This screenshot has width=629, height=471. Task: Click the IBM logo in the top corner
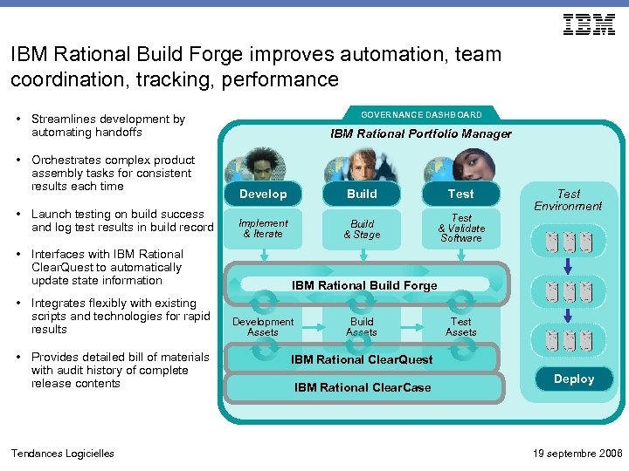(x=589, y=24)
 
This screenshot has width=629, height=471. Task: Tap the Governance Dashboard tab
(x=421, y=115)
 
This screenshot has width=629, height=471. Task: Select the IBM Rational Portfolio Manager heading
(x=421, y=134)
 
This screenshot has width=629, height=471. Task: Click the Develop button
(x=263, y=195)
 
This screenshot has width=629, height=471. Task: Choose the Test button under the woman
(x=460, y=195)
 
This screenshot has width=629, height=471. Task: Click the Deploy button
(x=573, y=379)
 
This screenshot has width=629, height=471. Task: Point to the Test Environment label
(x=568, y=200)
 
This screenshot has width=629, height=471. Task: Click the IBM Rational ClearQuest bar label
(x=362, y=359)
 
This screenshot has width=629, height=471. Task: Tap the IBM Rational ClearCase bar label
(x=362, y=387)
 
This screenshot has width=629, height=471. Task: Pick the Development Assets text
(x=263, y=327)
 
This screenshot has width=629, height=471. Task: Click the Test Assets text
(x=460, y=327)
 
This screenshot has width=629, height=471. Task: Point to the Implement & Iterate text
(x=263, y=229)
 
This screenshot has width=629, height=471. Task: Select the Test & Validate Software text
(x=460, y=229)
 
